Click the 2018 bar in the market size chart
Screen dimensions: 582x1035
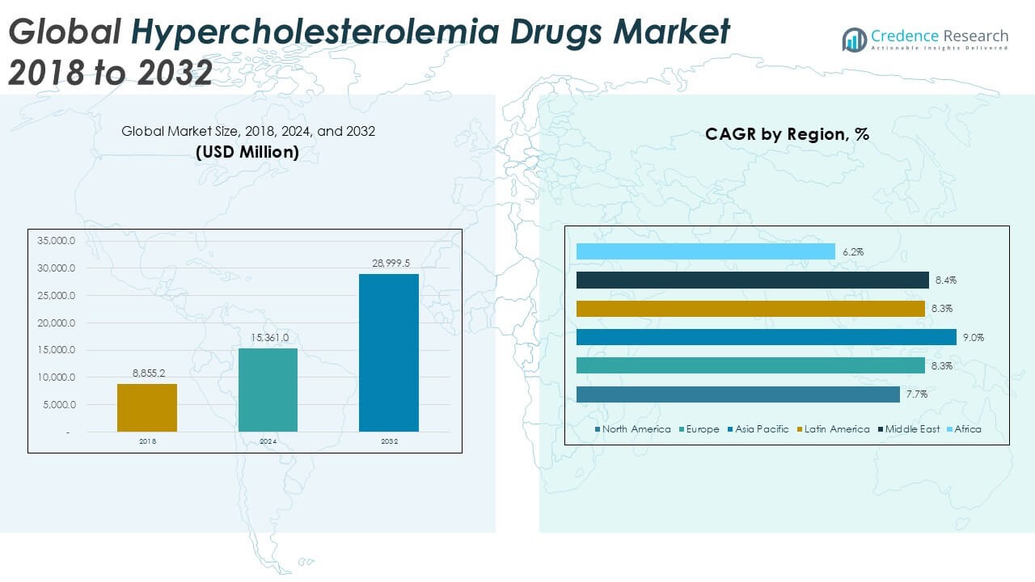[146, 407]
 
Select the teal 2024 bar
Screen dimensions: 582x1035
[268, 390]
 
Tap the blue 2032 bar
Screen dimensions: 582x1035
[389, 352]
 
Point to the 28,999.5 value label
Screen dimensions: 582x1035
[389, 264]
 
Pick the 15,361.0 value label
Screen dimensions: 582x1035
[268, 338]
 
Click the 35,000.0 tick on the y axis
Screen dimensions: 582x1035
[56, 241]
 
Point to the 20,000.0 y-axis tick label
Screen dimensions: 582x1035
[56, 323]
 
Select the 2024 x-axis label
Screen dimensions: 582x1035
[268, 441]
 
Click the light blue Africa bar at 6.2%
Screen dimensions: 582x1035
[705, 252]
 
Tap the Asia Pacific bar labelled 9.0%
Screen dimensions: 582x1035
[766, 337]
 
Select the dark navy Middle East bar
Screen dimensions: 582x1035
[752, 280]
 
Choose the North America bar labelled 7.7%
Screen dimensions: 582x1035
[737, 394]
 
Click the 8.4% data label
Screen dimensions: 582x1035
[945, 280]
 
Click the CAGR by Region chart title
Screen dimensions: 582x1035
[787, 134]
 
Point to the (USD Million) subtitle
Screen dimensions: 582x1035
[247, 151]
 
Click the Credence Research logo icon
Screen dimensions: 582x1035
[854, 39]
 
